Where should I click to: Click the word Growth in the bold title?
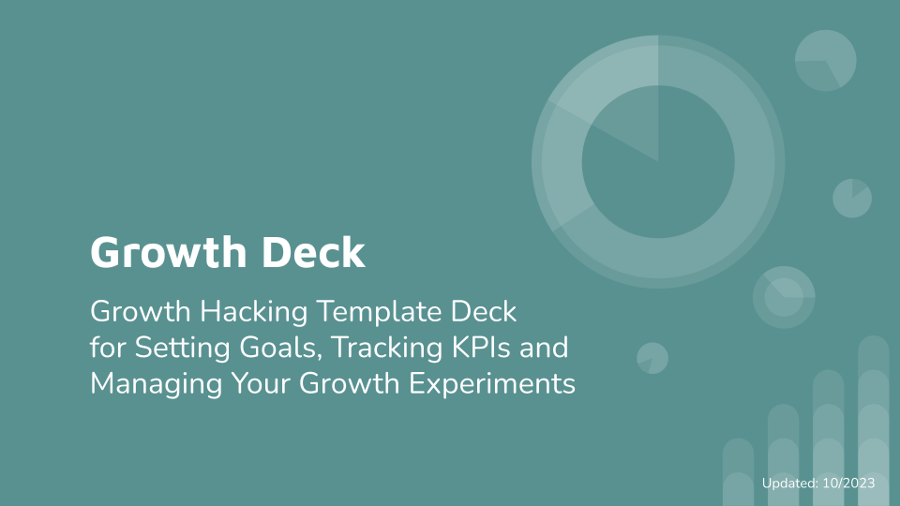tap(168, 252)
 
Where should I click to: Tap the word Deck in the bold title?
tap(313, 251)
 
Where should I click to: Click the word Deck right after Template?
tap(484, 311)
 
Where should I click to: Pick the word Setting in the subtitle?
tap(183, 349)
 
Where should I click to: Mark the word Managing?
tap(157, 384)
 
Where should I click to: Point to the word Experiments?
tap(492, 384)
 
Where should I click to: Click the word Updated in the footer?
tap(789, 484)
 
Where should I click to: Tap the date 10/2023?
tap(849, 484)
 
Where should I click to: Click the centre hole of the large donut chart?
tap(658, 162)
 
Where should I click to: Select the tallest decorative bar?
tap(873, 421)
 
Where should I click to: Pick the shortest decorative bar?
tap(738, 472)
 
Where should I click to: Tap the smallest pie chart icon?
tap(652, 358)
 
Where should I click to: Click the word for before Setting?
tap(108, 348)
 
